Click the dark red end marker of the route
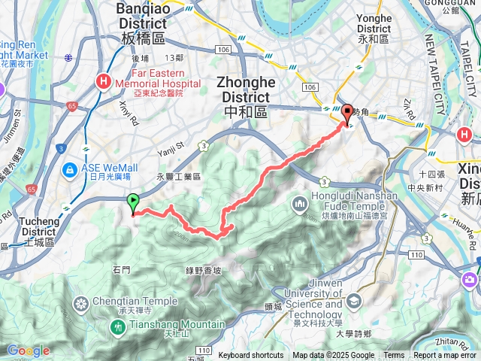click(347, 114)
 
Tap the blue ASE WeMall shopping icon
click(70, 170)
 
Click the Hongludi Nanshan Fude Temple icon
click(300, 203)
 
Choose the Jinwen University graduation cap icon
click(353, 301)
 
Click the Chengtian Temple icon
click(80, 304)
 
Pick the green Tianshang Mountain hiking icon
click(118, 327)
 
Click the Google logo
click(28, 350)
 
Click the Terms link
click(394, 356)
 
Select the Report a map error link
click(446, 356)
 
